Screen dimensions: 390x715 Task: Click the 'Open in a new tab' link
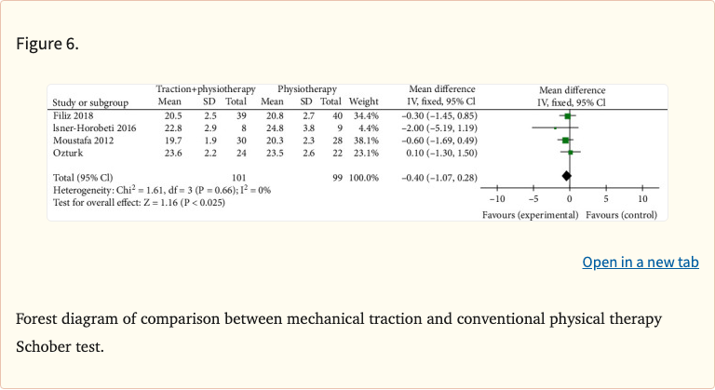point(640,262)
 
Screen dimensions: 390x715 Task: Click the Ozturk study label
point(67,151)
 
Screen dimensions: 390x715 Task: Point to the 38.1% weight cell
point(365,139)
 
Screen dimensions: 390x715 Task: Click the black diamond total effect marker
point(566,176)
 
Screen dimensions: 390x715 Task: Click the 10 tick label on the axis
point(642,198)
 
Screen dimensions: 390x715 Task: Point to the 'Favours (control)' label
point(621,215)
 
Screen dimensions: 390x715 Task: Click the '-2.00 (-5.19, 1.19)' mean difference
point(438,127)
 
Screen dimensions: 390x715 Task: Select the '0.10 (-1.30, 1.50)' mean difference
point(438,151)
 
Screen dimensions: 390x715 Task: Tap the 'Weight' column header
point(363,101)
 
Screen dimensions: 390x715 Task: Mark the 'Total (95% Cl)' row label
point(83,176)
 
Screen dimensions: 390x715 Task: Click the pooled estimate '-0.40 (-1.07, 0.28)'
point(438,176)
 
